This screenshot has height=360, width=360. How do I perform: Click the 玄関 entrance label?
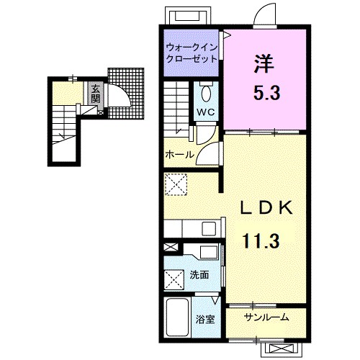point(95,94)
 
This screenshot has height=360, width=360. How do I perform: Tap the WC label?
point(206,112)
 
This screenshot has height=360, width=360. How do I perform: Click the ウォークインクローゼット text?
point(192,53)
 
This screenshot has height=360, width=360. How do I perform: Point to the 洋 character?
point(264,64)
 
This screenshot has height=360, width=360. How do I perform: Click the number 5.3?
point(267,93)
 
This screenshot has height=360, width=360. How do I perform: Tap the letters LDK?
point(266,207)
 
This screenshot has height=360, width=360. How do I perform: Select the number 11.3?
point(261,240)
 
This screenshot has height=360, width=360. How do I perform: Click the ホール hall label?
point(179,154)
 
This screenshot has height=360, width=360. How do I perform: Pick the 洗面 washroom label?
point(199,275)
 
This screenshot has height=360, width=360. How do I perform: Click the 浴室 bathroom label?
point(205,320)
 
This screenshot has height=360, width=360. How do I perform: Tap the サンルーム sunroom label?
point(266,318)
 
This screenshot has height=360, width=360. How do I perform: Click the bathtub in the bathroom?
point(178,318)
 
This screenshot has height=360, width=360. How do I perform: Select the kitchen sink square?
point(209,229)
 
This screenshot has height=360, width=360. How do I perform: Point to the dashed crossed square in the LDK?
point(176,184)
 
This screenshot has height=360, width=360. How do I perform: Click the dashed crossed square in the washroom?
point(174,280)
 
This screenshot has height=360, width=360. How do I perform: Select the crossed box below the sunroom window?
point(281,348)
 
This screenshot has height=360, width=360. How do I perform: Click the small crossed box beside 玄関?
point(101,112)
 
